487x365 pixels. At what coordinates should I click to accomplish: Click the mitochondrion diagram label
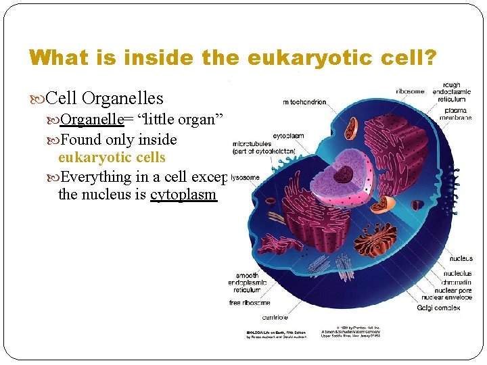coord(305,102)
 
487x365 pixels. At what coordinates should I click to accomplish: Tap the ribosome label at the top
coord(410,91)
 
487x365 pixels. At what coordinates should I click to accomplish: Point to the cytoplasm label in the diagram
coord(288,135)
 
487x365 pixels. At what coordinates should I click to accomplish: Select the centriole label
coord(275,317)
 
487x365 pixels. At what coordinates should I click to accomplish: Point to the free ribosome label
coord(250,302)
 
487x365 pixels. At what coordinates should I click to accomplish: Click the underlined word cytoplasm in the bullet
coord(183,195)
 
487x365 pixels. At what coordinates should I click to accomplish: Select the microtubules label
coord(252,144)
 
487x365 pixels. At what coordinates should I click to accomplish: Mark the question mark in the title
coord(431,57)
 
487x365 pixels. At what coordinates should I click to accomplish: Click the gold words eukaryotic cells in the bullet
coord(112,157)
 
